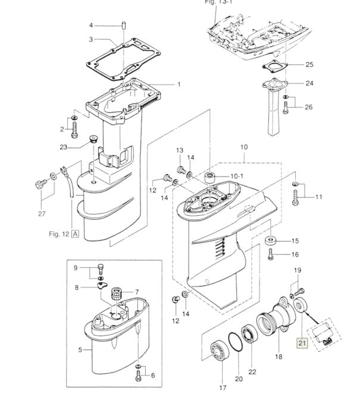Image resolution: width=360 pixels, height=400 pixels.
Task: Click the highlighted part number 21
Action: pyautogui.click(x=301, y=342)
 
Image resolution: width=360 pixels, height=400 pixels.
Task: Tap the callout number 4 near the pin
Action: pyautogui.click(x=91, y=25)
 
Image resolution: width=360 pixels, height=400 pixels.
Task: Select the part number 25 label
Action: pyautogui.click(x=309, y=64)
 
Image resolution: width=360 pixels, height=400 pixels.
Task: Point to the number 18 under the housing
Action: pyautogui.click(x=278, y=357)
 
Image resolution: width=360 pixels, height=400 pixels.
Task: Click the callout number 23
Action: pyautogui.click(x=80, y=147)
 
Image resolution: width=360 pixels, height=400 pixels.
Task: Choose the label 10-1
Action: pyautogui.click(x=237, y=177)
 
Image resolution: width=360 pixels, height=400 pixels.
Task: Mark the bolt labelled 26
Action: pyautogui.click(x=287, y=106)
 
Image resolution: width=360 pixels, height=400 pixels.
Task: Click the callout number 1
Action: pyautogui.click(x=178, y=84)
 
